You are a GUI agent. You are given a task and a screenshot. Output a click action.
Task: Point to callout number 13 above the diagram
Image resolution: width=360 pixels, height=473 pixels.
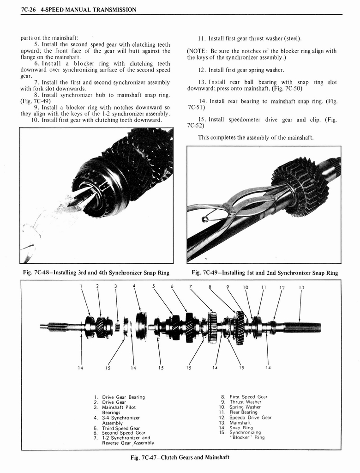click(301, 287)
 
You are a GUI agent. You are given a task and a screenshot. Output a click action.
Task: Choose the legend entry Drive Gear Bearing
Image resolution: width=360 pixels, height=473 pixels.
click(123, 397)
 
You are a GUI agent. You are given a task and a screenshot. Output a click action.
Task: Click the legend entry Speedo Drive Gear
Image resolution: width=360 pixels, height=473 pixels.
click(250, 418)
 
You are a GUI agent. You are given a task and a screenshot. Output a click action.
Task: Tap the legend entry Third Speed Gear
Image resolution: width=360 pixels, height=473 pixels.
click(121, 428)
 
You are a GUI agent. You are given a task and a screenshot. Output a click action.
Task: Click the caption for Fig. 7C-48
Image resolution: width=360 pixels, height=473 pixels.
click(96, 273)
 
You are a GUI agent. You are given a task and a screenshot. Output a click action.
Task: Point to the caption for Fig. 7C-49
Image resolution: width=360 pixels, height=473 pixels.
click(264, 273)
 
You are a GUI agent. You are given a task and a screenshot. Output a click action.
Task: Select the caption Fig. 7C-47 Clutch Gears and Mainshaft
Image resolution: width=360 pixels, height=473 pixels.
click(180, 457)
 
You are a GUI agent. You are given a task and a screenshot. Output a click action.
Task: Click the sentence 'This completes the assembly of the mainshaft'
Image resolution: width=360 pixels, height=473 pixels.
click(256, 138)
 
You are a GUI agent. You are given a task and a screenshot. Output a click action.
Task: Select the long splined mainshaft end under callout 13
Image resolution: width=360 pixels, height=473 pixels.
click(302, 327)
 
